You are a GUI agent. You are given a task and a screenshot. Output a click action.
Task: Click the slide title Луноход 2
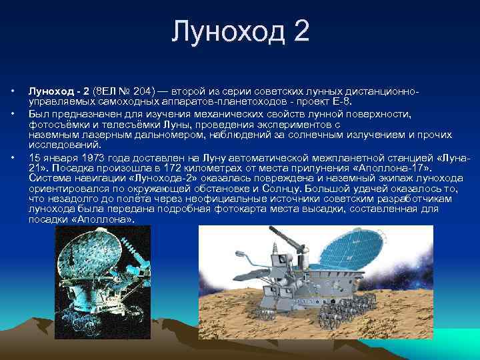(x=240, y=32)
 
